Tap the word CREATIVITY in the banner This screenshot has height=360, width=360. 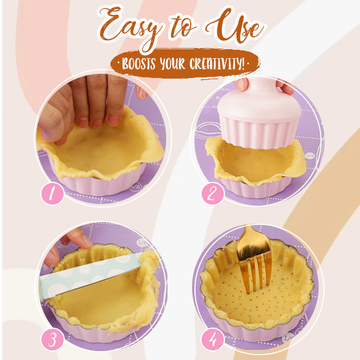click(217, 63)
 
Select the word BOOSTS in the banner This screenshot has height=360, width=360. click(140, 63)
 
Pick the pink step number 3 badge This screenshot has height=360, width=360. click(53, 339)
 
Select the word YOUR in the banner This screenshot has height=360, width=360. click(178, 63)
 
